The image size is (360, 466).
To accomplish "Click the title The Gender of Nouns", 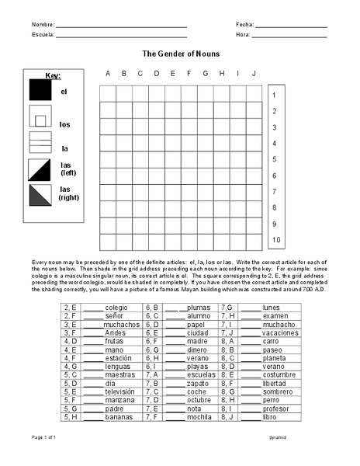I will (x=180, y=54).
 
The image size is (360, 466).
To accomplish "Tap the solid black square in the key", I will (x=40, y=91).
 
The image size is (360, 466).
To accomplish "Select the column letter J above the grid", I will (x=254, y=74).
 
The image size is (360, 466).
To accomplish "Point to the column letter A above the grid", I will (x=108, y=74).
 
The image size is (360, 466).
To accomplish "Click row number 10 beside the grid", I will (x=275, y=241).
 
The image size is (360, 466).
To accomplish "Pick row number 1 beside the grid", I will (x=275, y=95).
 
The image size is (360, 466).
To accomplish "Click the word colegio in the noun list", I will (x=116, y=308).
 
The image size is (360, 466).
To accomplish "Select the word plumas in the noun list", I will (x=199, y=308).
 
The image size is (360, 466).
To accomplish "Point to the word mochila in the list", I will (x=199, y=418).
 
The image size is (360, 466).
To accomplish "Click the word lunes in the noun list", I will (x=272, y=308).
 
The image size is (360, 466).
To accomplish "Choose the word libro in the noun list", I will (x=269, y=418).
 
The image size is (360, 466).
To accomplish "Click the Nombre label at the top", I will (x=43, y=25).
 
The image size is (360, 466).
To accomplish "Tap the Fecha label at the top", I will (x=244, y=25).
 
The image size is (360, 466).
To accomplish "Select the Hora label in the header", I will (x=243, y=36).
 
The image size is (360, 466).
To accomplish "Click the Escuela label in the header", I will (x=43, y=36).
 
